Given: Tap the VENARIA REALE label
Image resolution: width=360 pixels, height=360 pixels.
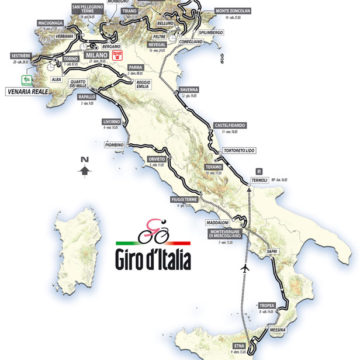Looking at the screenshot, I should tap(40, 86).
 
